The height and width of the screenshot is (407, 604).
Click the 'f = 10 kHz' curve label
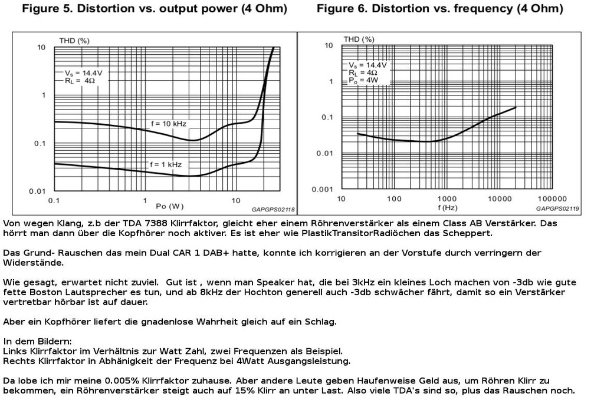pos(168,124)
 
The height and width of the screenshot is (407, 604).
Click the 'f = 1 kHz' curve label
pos(166,165)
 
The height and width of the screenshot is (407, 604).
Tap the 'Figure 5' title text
pos(47,9)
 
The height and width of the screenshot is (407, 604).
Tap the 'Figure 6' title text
pos(342,9)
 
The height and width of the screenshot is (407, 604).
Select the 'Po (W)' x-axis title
pos(169,206)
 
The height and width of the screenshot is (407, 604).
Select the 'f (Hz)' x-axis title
pos(448,208)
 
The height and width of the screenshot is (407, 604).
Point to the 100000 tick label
pos(552,199)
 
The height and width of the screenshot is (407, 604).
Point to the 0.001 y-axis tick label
pos(323,189)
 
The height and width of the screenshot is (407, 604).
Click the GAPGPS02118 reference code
pos(273,210)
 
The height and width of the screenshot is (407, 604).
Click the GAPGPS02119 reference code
pos(557,209)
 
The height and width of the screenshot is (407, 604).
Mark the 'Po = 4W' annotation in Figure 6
pos(363,81)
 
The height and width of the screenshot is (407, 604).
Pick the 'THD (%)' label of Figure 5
pos(74,41)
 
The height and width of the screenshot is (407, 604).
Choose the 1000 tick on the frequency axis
pos(447,199)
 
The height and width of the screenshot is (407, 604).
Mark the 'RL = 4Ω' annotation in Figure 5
pos(80,81)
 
